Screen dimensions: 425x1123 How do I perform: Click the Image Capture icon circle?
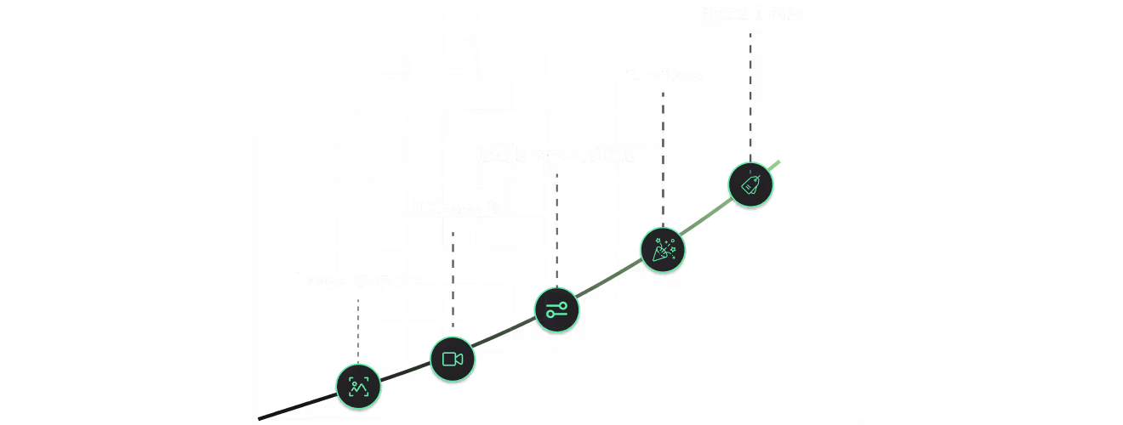tap(358, 387)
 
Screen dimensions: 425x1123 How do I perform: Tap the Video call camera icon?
tap(453, 359)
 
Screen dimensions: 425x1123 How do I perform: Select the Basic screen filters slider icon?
tap(557, 309)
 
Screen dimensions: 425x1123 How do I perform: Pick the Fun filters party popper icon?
tap(663, 249)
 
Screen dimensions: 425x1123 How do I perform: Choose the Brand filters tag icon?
tap(751, 184)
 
